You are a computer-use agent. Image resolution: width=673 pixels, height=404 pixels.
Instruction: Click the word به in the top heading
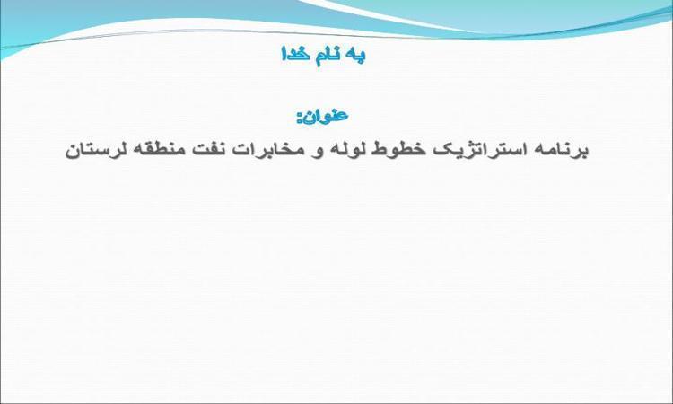tap(355, 55)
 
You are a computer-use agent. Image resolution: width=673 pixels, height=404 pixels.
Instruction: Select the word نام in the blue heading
tap(327, 56)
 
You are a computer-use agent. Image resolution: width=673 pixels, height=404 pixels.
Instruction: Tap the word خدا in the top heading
tap(295, 54)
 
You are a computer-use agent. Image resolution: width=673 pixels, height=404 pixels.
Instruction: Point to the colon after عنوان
tap(300, 119)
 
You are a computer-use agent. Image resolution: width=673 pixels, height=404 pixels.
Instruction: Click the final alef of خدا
tap(284, 53)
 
